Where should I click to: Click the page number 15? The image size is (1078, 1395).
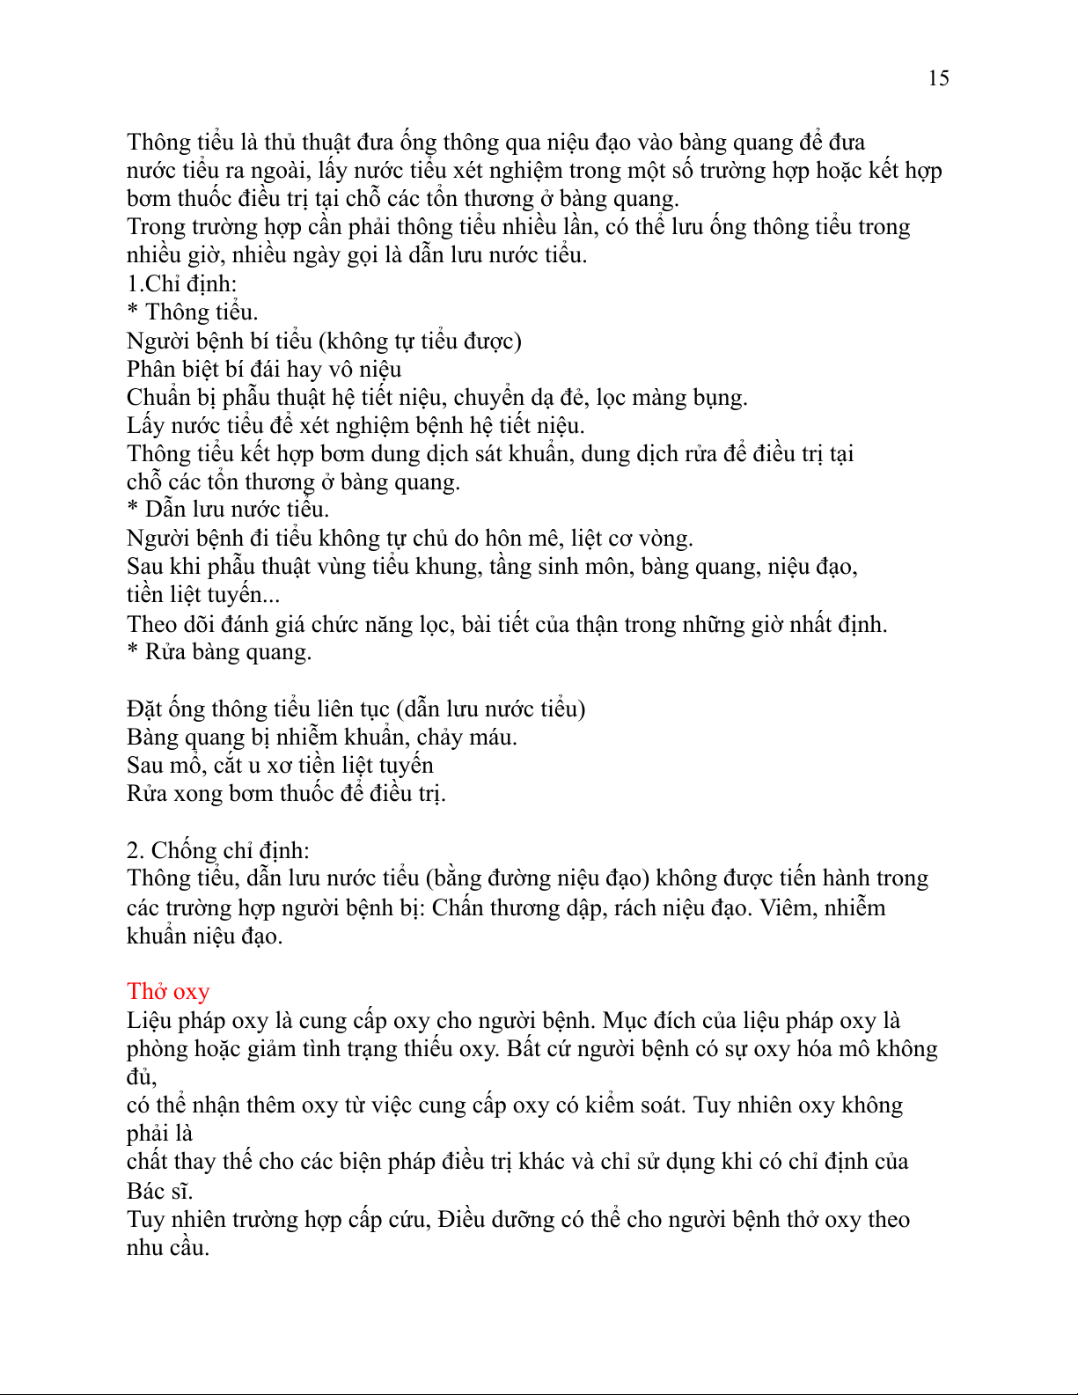(x=938, y=78)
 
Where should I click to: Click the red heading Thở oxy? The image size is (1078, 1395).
(x=168, y=992)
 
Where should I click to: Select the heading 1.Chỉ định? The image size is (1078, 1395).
(x=182, y=283)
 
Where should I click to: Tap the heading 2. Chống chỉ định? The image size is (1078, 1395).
(x=217, y=850)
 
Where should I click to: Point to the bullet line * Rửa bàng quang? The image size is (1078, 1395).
(x=219, y=652)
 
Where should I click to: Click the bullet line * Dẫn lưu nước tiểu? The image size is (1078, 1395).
(x=228, y=510)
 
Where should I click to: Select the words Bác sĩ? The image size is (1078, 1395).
(x=159, y=1191)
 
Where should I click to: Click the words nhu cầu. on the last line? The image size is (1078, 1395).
(x=168, y=1247)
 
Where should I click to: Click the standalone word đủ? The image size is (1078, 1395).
(x=142, y=1076)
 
